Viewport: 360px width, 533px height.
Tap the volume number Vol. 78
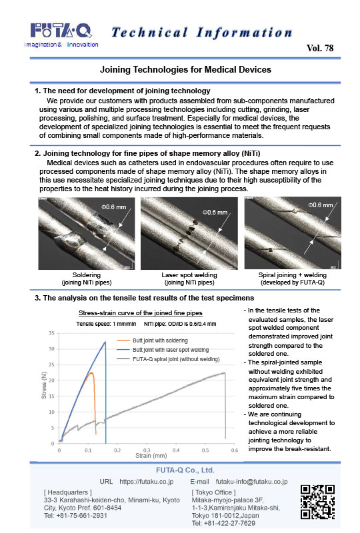(x=320, y=48)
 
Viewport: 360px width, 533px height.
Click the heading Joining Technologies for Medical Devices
(x=185, y=70)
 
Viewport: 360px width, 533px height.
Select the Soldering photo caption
(x=87, y=278)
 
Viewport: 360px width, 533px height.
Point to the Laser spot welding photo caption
(x=189, y=278)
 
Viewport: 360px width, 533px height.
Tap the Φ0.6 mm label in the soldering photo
(x=113, y=207)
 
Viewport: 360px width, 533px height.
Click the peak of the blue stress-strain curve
(x=105, y=342)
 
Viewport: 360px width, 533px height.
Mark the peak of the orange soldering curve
(x=91, y=372)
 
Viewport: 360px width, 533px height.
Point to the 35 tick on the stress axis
(x=51, y=333)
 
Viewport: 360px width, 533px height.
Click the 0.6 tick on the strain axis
(x=235, y=450)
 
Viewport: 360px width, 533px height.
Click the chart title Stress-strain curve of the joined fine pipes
(x=141, y=312)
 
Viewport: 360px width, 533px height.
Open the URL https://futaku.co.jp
(x=146, y=482)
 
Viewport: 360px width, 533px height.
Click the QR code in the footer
(x=317, y=502)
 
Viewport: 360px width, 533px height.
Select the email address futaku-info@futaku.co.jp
(x=251, y=482)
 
